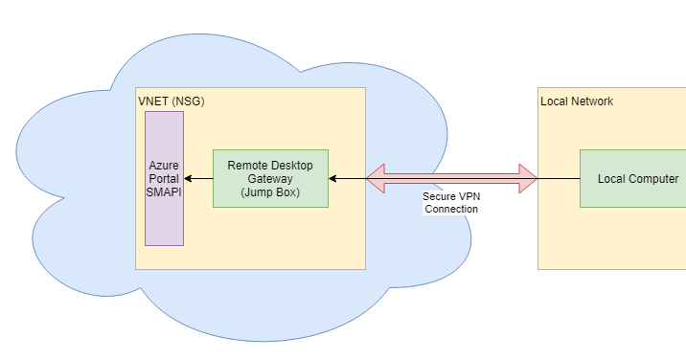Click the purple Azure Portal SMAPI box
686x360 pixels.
[x=164, y=220]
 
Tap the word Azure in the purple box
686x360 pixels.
[x=164, y=165]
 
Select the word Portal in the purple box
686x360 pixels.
[x=164, y=178]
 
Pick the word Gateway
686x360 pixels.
[x=270, y=178]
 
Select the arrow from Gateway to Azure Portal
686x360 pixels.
[x=199, y=178]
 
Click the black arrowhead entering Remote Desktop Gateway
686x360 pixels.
[x=333, y=178]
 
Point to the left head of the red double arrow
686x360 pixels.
[x=376, y=178]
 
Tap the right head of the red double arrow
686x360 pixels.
[x=528, y=178]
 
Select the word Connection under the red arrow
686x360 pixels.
[x=451, y=209]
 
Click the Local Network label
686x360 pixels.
[x=577, y=101]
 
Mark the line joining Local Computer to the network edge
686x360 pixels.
[x=559, y=178]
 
